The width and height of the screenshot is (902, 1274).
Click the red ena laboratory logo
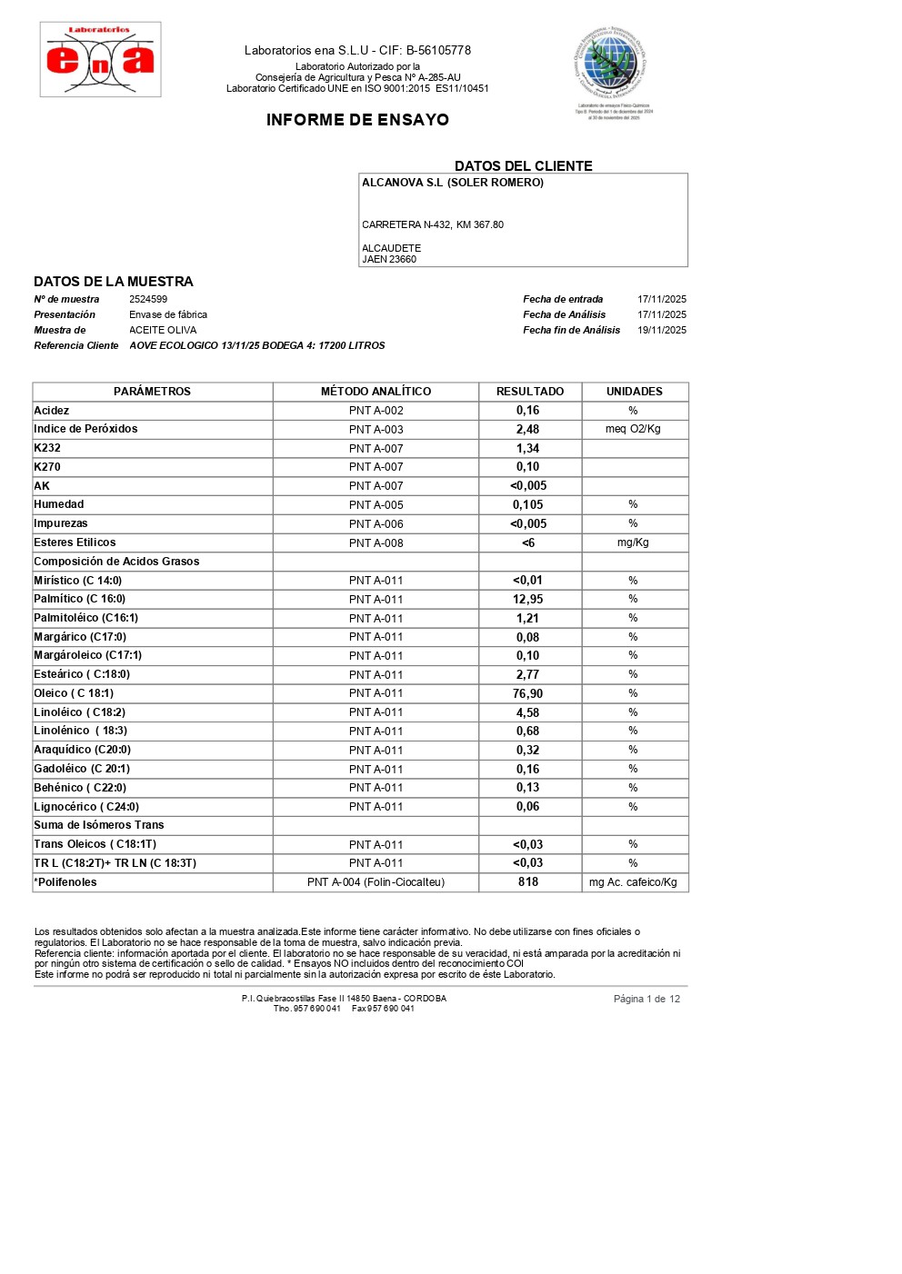click(100, 60)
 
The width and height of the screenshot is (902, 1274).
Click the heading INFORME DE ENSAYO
click(357, 120)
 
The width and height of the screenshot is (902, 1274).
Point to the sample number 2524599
click(148, 299)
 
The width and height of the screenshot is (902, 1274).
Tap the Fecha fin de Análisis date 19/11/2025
click(661, 330)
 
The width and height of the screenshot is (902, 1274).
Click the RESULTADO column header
click(530, 392)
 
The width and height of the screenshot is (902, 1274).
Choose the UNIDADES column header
click(634, 392)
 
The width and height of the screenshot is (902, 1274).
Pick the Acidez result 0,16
click(528, 411)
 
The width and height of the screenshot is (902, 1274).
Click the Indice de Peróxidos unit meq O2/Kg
click(633, 429)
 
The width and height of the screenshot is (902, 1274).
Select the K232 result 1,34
click(528, 448)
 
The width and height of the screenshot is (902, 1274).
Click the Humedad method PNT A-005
click(376, 504)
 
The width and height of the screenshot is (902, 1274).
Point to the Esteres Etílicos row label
click(75, 542)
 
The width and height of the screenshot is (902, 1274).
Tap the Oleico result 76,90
click(528, 693)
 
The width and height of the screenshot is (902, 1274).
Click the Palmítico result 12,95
click(528, 599)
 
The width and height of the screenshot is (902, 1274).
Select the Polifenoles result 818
click(528, 881)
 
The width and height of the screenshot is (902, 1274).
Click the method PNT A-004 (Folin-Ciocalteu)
click(376, 882)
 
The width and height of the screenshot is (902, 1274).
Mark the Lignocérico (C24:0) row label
click(86, 807)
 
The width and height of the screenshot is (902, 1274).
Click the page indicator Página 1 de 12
click(646, 999)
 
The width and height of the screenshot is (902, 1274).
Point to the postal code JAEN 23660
click(389, 259)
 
